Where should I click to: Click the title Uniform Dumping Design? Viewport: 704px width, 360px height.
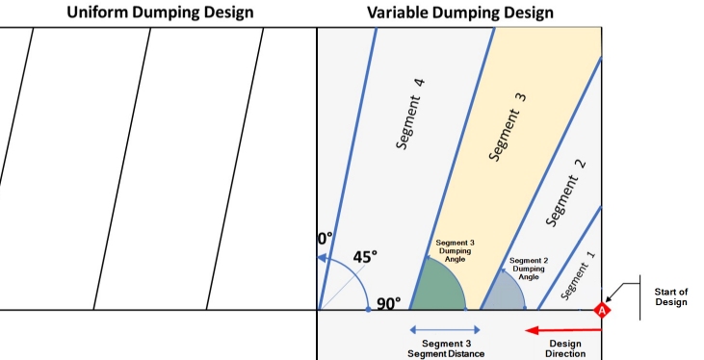tap(160, 13)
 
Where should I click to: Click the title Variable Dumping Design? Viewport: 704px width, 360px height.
tap(460, 13)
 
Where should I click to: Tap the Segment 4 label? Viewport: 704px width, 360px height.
tap(410, 114)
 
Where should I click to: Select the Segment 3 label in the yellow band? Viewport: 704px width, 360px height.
tap(508, 127)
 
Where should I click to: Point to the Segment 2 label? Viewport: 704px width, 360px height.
tap(566, 193)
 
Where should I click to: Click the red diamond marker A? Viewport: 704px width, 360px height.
tap(601, 310)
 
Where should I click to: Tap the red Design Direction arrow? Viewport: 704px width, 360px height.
tap(563, 331)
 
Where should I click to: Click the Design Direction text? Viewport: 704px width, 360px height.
tap(565, 348)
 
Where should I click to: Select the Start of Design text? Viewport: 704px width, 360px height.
tap(671, 296)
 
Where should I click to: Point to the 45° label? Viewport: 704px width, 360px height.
tap(365, 257)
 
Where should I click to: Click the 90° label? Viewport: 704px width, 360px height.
tap(389, 304)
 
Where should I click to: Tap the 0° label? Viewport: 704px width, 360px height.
tap(326, 239)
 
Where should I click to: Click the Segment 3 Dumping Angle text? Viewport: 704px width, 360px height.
tap(455, 251)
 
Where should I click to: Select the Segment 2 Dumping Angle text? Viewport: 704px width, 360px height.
tap(529, 269)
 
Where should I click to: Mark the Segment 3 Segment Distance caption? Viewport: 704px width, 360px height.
tap(446, 348)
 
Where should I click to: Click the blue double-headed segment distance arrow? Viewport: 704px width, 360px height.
tap(445, 330)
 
